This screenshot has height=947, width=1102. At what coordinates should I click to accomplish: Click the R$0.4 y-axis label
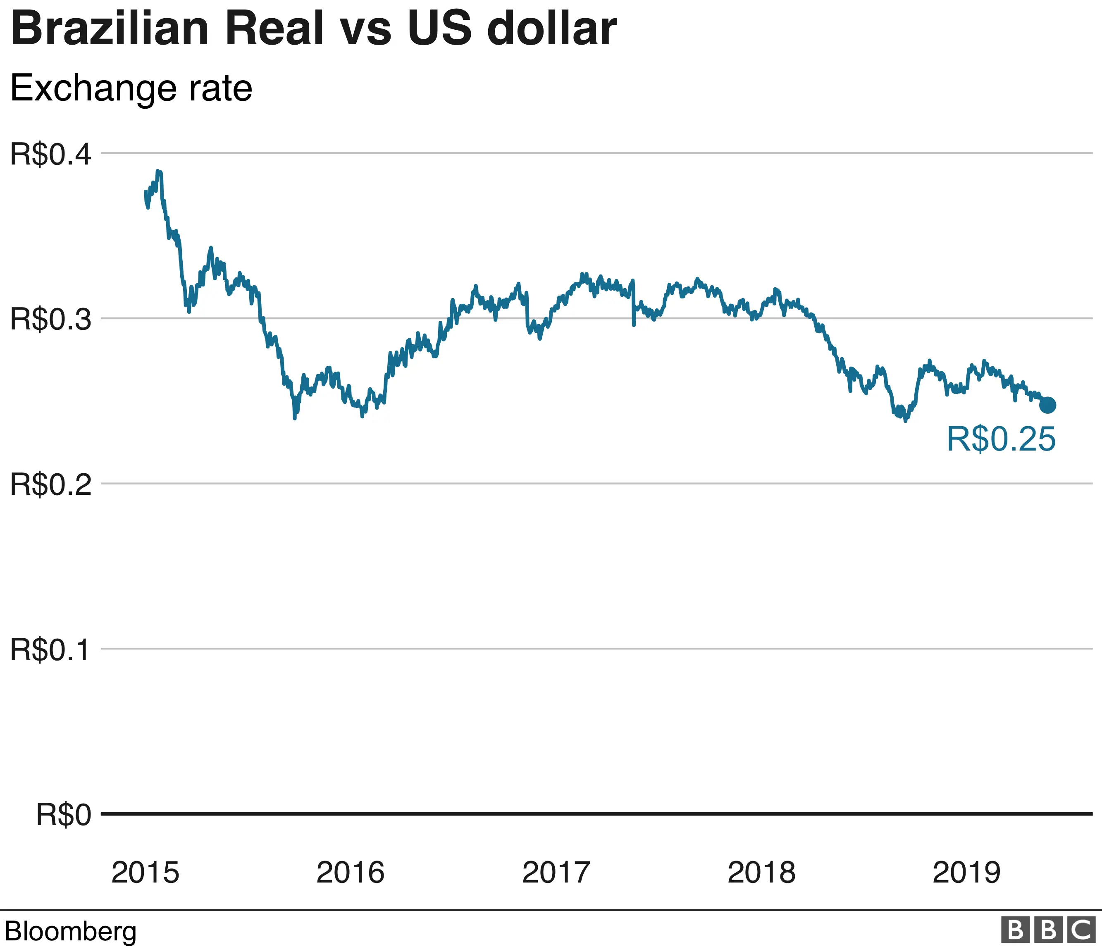[x=50, y=155]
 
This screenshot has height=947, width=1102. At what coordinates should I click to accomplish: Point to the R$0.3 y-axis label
[x=50, y=320]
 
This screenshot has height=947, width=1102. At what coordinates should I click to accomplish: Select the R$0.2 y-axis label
[x=50, y=485]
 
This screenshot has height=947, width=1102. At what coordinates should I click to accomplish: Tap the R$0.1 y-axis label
[x=50, y=650]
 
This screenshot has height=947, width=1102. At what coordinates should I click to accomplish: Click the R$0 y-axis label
[x=63, y=815]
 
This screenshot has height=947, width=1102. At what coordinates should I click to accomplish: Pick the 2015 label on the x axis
[x=145, y=873]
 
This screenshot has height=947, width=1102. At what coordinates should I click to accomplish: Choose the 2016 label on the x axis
[x=350, y=873]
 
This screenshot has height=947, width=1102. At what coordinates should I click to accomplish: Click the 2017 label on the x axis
[x=556, y=873]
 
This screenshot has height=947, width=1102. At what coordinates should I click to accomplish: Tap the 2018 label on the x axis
[x=761, y=873]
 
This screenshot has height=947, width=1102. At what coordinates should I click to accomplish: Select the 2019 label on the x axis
[x=966, y=873]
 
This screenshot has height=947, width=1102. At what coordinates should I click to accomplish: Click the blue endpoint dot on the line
[x=1047, y=405]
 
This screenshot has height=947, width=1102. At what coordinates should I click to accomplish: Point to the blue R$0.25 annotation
[x=1001, y=439]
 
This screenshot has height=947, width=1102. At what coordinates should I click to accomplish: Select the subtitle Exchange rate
[x=131, y=88]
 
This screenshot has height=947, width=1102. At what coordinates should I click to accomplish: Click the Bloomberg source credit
[x=71, y=931]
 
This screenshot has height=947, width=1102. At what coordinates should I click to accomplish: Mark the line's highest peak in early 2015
[x=158, y=172]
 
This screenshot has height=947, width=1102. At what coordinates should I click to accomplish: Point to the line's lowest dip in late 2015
[x=295, y=418]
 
